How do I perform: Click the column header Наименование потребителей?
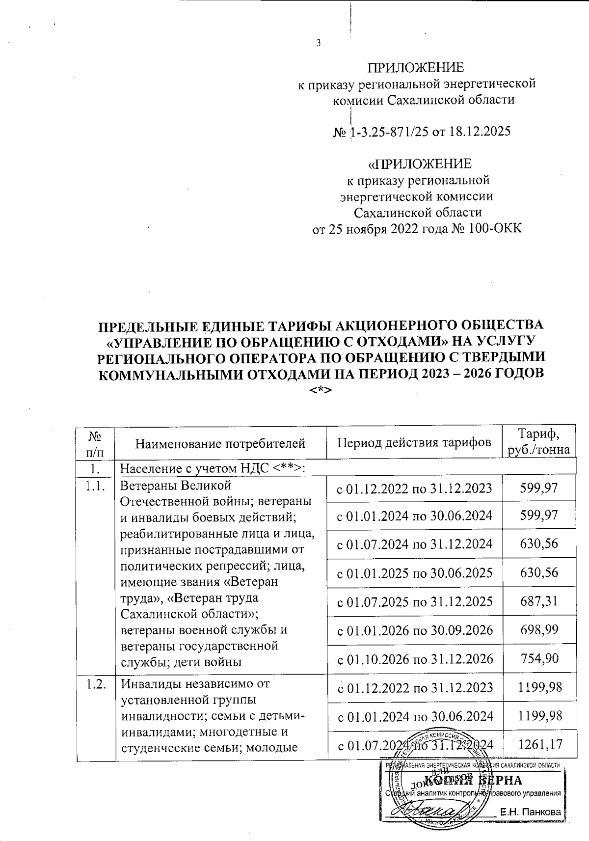220,444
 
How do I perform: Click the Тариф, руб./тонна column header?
539,441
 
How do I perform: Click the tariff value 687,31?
539,601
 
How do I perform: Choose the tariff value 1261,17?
539,745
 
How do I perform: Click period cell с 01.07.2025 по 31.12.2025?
414,601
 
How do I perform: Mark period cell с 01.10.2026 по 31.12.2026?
414,658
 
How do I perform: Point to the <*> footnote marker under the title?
321,390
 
